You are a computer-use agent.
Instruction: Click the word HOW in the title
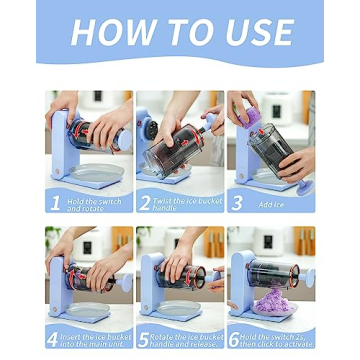[x=109, y=34]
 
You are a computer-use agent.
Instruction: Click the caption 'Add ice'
[x=272, y=204]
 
